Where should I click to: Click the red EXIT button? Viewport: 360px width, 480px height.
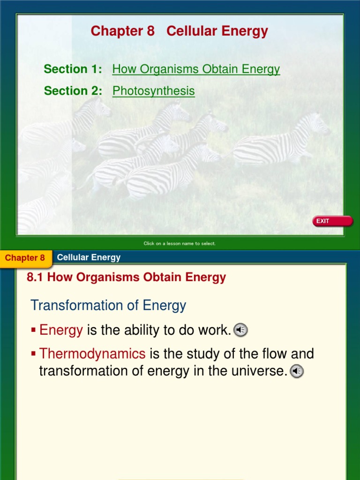[x=333, y=221]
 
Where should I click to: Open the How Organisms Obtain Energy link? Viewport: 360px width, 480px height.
[x=196, y=69]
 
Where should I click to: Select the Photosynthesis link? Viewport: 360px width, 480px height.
[x=153, y=91]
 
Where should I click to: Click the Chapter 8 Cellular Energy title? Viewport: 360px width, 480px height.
[x=179, y=31]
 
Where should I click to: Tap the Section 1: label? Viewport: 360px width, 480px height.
[x=73, y=69]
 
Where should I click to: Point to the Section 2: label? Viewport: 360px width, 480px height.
[x=73, y=91]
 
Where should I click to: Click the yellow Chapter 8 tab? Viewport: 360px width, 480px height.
[x=25, y=258]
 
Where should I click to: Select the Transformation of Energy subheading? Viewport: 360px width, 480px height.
[x=108, y=306]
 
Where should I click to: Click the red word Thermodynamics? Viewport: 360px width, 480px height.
[x=92, y=353]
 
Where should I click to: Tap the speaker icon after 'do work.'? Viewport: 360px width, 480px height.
[x=240, y=330]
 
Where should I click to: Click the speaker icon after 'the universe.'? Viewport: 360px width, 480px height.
[x=297, y=371]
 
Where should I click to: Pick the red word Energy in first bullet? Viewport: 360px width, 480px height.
[x=61, y=330]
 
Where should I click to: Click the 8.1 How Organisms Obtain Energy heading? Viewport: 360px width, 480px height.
[x=127, y=277]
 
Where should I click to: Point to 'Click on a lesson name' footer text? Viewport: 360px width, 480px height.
[x=180, y=243]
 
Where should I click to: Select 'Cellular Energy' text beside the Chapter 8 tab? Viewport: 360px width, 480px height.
[x=89, y=257]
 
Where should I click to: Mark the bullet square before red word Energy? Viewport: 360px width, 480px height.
[x=33, y=330]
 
